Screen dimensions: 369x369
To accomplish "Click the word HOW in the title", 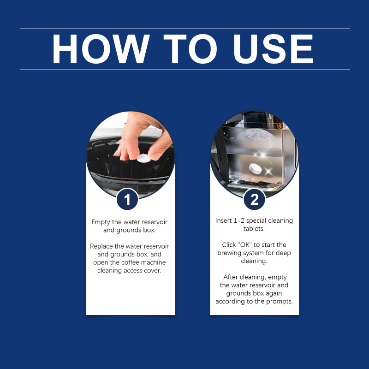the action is (101, 49).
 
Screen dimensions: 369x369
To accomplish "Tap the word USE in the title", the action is (273, 49).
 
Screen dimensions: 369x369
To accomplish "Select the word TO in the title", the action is (190, 49).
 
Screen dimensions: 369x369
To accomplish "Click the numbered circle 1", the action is (127, 199).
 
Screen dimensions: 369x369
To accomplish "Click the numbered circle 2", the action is (255, 199).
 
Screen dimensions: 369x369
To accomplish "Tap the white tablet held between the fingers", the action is (143, 158).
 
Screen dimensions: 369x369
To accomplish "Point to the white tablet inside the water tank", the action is (256, 169).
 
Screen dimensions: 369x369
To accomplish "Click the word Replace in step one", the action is (101, 246).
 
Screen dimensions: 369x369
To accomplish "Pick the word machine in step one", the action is (154, 262).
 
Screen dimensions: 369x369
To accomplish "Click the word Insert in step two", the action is (223, 220).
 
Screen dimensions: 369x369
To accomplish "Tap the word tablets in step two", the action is (254, 228).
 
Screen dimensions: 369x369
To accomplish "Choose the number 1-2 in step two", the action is (239, 221).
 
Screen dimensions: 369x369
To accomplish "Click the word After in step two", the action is (231, 277).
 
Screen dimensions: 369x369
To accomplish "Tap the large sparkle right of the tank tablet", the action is (268, 171).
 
